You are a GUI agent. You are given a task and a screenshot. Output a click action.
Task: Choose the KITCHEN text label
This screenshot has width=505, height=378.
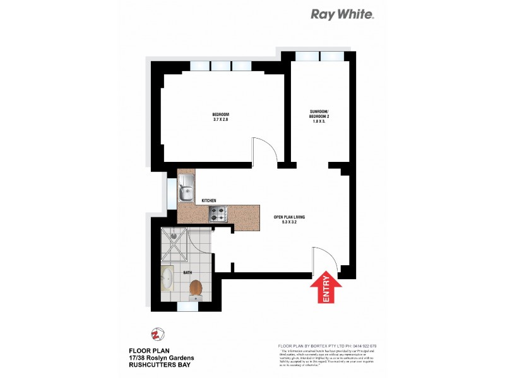click(209, 201)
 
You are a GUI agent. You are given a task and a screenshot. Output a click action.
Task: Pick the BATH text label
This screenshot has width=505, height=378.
click(187, 273)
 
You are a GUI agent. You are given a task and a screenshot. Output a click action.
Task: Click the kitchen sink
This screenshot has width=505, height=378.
click(187, 188)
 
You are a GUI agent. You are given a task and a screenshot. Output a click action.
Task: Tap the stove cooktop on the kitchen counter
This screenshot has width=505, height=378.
click(218, 214)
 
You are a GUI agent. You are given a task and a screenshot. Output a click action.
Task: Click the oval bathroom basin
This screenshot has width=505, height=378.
click(167, 277)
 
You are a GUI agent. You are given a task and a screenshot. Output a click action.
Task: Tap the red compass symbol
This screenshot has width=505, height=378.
click(155, 334)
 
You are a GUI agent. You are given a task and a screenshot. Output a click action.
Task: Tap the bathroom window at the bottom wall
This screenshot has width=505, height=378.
click(187, 307)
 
